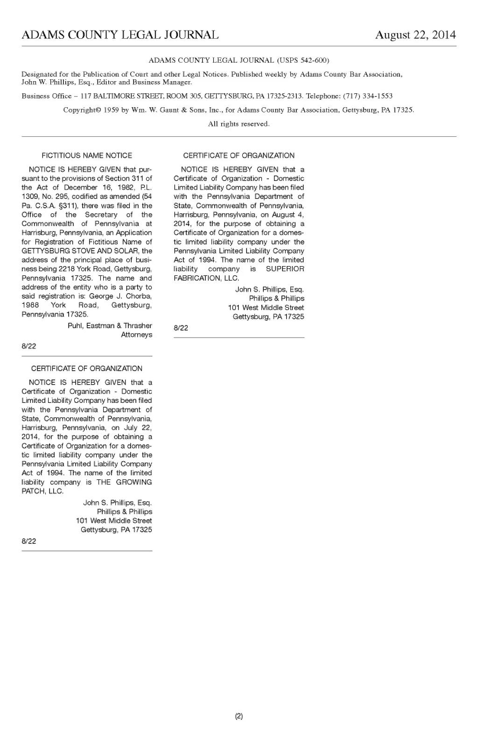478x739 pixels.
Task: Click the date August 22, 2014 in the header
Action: (415, 35)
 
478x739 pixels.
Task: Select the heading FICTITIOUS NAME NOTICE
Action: (87, 155)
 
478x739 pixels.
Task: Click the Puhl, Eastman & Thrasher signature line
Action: (110, 326)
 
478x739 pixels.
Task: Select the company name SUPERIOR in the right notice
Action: (285, 269)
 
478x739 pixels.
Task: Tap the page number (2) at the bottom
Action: (239, 716)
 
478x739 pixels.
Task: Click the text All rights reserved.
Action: (239, 124)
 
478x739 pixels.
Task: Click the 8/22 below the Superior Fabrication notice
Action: (181, 328)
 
